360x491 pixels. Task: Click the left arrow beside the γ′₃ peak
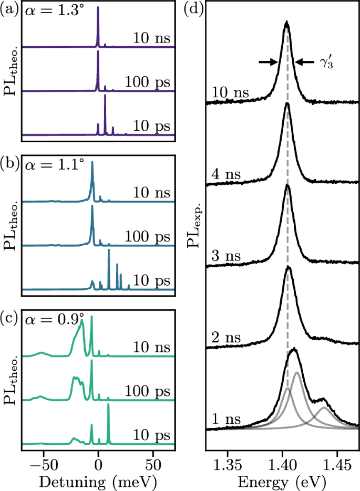(269, 62)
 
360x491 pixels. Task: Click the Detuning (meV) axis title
(98, 479)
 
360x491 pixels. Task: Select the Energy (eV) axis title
(282, 479)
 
